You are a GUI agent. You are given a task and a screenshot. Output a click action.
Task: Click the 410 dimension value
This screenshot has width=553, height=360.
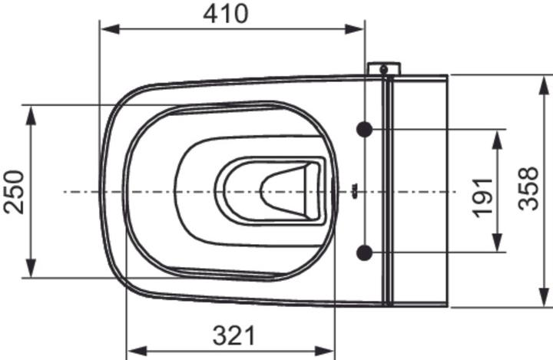(226, 14)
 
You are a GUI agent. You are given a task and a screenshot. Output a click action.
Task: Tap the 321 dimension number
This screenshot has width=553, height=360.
(233, 335)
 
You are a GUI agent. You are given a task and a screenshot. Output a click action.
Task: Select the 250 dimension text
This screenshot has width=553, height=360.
(15, 192)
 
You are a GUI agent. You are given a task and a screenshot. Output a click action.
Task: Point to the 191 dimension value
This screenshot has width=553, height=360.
(482, 198)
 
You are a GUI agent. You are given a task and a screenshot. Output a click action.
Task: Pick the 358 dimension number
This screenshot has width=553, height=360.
(528, 189)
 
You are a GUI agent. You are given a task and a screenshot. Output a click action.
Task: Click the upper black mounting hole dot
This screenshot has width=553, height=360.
(364, 130)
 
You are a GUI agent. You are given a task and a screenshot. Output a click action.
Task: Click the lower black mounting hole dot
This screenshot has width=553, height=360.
(364, 253)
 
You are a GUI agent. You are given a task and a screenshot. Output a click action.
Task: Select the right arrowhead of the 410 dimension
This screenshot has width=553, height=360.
(354, 29)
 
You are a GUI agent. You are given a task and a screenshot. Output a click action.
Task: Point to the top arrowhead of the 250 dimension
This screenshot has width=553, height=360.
(31, 115)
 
